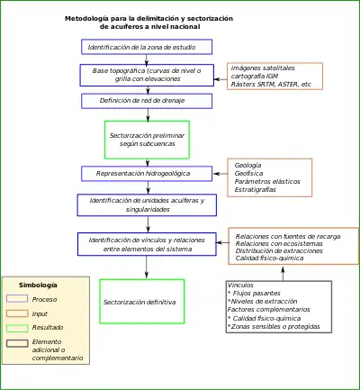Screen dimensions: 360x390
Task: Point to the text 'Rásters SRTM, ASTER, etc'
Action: coord(271,85)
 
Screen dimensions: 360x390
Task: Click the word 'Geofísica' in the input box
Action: coord(248,173)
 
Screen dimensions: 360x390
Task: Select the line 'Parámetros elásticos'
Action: coord(267,181)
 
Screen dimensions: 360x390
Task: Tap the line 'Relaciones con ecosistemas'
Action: coord(279,243)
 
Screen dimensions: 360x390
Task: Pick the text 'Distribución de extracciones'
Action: coord(279,250)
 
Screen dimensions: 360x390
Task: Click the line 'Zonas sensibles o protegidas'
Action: coord(274,326)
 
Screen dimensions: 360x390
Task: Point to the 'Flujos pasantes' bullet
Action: coord(254,293)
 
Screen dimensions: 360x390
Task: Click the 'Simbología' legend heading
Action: coord(38,285)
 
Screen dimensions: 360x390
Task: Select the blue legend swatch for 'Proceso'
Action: coord(17,298)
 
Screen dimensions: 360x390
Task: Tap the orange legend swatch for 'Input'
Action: coord(17,313)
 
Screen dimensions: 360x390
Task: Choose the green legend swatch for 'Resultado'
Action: coord(17,328)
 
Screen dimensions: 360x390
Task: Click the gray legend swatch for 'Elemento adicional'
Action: coord(17,343)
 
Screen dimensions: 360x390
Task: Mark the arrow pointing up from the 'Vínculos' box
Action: coord(283,273)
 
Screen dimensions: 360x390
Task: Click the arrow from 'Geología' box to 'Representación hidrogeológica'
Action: coord(220,174)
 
